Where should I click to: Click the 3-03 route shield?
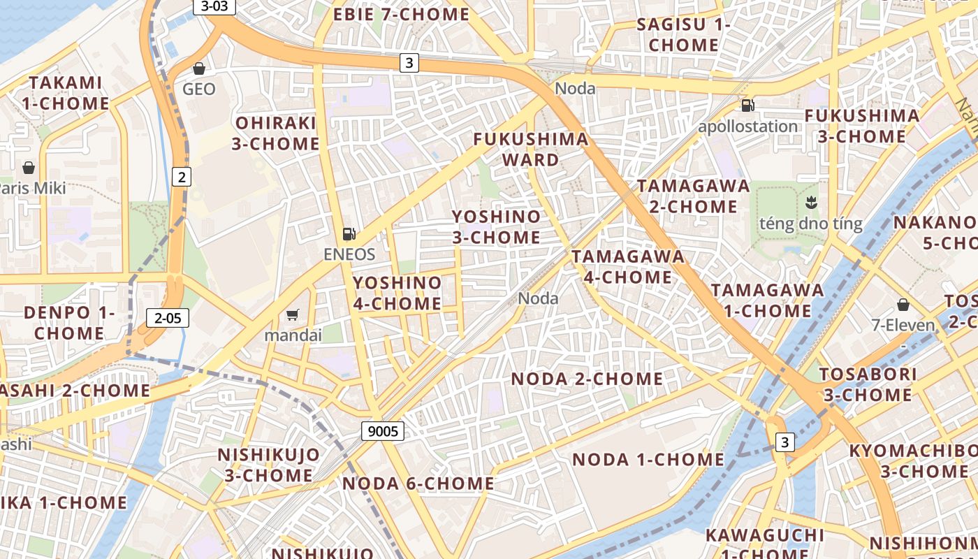214,6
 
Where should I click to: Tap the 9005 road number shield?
383,431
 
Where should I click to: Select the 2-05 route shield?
168,319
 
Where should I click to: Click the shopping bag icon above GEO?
199,68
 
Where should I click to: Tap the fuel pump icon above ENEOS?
349,234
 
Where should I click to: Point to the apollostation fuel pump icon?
747,106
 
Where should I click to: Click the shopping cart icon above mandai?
293,315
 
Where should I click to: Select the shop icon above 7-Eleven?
903,305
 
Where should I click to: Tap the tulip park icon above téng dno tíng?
811,203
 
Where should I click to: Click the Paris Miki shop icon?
29,168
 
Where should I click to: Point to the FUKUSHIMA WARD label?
531,149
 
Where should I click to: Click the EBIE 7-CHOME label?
401,14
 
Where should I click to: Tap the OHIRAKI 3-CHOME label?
275,133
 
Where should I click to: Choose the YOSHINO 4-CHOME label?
397,293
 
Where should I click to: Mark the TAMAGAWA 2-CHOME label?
693,196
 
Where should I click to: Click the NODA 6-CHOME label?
418,483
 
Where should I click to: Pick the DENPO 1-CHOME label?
68,322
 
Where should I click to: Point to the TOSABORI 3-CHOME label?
867,384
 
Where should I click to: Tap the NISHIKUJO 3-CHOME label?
268,465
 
